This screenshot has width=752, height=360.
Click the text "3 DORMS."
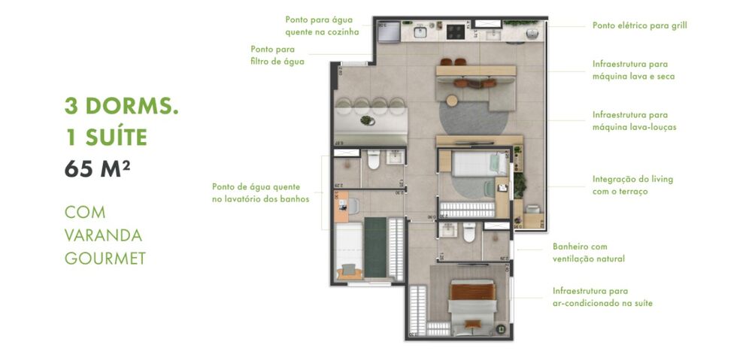coord(121,105)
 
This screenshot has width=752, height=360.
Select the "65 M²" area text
coord(98,168)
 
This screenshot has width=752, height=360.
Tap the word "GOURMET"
coord(105,258)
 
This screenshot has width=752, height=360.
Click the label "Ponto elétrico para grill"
coord(639,25)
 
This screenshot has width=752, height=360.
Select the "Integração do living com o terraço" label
coord(632,185)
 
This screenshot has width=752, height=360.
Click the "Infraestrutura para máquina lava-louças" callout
coord(634,121)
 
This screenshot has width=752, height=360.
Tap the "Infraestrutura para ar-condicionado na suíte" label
coord(602,297)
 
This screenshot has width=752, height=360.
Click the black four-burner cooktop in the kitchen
coord(456,32)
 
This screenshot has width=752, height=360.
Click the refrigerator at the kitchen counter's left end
coord(388,32)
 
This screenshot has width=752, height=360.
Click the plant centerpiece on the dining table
coord(366,119)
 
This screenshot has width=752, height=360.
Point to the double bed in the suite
coord(472,301)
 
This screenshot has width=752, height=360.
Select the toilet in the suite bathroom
coord(469,236)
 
